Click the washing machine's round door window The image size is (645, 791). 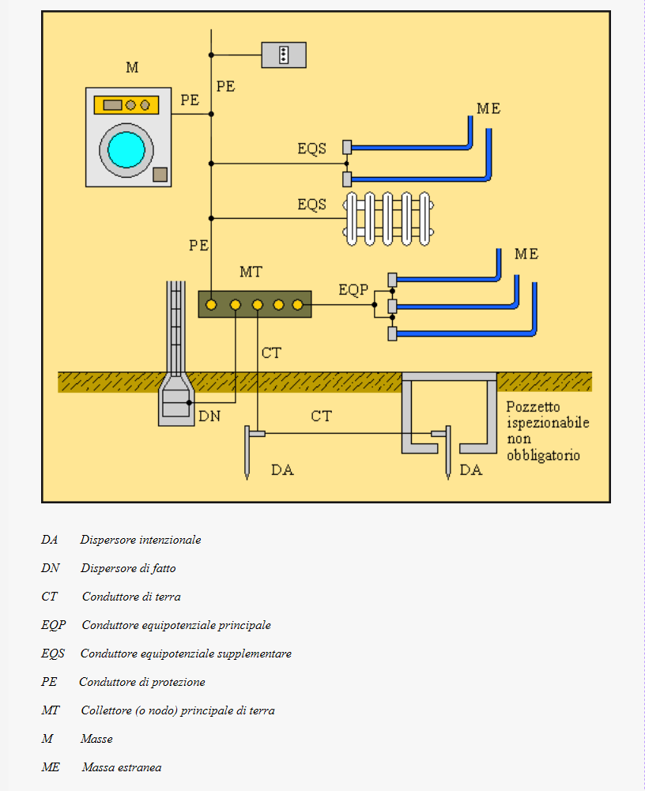click(x=125, y=149)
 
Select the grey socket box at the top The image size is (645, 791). click(x=284, y=55)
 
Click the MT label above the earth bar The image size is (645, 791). click(x=251, y=273)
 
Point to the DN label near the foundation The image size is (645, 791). click(x=209, y=416)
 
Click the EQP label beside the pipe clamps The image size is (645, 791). click(x=353, y=290)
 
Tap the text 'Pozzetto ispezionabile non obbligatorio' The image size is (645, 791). click(x=548, y=431)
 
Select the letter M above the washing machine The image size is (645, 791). click(x=132, y=68)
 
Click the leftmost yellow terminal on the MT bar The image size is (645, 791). click(x=211, y=304)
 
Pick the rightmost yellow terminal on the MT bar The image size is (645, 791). click(x=298, y=304)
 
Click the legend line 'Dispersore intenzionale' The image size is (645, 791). click(x=140, y=540)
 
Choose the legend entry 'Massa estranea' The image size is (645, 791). click(x=121, y=767)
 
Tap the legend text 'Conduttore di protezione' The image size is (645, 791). click(x=142, y=682)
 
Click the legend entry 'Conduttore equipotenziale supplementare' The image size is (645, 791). click(x=186, y=654)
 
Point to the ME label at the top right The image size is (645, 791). click(x=488, y=109)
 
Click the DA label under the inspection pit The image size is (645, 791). click(x=471, y=470)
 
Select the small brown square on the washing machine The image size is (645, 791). click(x=160, y=175)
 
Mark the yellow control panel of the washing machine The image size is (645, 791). click(x=126, y=105)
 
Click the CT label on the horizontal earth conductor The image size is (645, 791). click(x=321, y=416)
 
